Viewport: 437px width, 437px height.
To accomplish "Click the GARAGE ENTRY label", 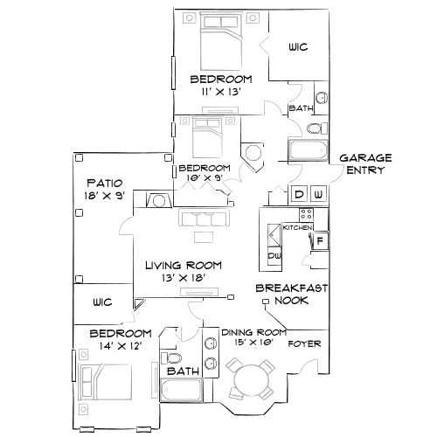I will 365,163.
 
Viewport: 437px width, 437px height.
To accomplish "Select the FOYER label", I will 305,343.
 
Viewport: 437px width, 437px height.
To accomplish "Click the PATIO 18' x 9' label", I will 104,190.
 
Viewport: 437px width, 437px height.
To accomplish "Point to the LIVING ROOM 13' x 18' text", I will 183,271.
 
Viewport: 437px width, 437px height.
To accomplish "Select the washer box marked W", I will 319,193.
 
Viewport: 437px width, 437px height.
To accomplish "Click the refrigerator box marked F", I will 321,239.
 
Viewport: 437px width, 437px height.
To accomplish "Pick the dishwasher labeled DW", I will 274,255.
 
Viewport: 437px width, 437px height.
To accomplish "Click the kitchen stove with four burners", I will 308,214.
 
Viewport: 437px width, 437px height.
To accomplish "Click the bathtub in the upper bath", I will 308,150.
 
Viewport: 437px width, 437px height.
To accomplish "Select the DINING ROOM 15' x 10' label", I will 254,338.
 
